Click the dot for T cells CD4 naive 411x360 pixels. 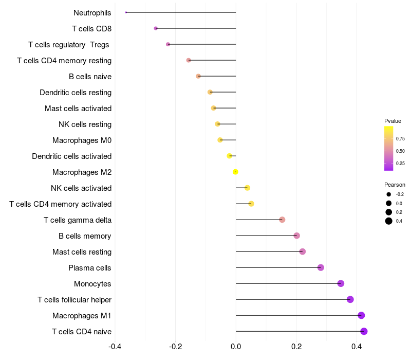(x=364, y=331)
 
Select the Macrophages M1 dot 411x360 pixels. (x=361, y=315)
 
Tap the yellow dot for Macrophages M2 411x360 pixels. (x=235, y=172)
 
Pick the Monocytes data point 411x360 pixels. (x=341, y=283)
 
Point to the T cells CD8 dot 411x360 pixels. (x=156, y=28)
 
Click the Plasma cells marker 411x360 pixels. (x=321, y=267)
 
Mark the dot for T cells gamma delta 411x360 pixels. (x=282, y=220)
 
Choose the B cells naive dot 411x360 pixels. (x=198, y=76)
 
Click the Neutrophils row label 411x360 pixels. (x=92, y=12)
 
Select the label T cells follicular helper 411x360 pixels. (x=74, y=299)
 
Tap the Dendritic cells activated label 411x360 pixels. (x=72, y=156)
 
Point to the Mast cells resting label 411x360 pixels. (x=82, y=251)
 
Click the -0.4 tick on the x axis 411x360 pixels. (x=115, y=346)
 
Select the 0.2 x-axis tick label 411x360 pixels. (x=296, y=346)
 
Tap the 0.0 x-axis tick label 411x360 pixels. (x=236, y=346)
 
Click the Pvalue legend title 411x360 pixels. (x=393, y=121)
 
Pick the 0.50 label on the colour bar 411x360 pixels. (x=401, y=151)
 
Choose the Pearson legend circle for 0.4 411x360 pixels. (x=389, y=221)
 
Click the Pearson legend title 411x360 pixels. (x=395, y=185)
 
